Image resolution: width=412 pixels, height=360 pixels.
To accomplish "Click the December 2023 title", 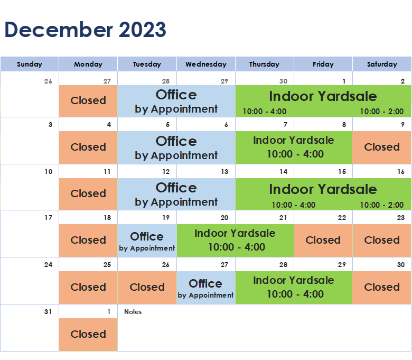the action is (x=86, y=30).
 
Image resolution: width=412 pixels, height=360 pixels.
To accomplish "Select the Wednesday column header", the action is (x=206, y=64).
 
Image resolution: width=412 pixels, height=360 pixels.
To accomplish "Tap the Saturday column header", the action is (x=382, y=64).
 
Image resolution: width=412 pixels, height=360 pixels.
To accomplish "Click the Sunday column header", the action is (x=30, y=64).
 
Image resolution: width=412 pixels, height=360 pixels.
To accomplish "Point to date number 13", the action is (x=224, y=172).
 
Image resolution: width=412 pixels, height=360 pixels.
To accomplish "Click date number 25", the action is (x=107, y=264).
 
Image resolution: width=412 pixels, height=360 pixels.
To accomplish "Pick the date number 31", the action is (x=48, y=311).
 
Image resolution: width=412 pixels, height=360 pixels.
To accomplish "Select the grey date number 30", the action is (x=283, y=81).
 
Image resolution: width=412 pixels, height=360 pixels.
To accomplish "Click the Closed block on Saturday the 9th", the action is (x=382, y=147).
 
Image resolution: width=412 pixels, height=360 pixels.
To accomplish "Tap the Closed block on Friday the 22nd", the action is (x=323, y=241).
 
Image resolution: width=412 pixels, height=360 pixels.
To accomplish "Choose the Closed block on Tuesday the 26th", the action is (x=147, y=288).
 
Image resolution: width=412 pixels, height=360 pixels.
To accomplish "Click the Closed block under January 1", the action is (x=88, y=335).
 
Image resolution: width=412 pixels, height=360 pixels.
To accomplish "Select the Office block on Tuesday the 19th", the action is (x=147, y=241).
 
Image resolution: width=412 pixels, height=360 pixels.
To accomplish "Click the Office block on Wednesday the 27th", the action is (x=206, y=288).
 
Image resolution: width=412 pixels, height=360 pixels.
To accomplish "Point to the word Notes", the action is (x=133, y=311).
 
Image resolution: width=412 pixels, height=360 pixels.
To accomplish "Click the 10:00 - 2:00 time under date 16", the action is (x=382, y=205).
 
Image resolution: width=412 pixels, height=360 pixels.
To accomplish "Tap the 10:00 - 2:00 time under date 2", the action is (x=382, y=112).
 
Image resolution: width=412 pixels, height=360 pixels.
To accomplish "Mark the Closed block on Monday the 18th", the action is (x=88, y=241).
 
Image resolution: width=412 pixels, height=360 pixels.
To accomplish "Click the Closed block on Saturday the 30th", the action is (x=382, y=288).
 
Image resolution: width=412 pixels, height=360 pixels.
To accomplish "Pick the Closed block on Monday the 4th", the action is (x=88, y=147).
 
